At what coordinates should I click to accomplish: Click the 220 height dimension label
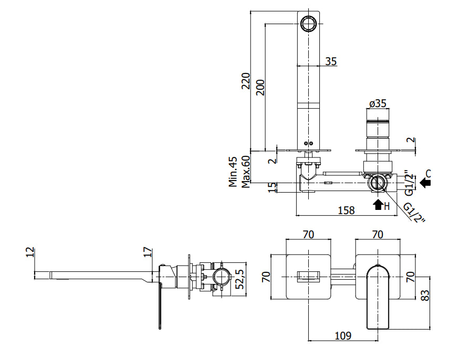pyautogui.click(x=246, y=81)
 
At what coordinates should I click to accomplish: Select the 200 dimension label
pyautogui.click(x=260, y=88)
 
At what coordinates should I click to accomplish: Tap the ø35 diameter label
pyautogui.click(x=378, y=103)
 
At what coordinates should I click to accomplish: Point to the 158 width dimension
pyautogui.click(x=346, y=210)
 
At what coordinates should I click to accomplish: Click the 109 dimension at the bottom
pyautogui.click(x=343, y=335)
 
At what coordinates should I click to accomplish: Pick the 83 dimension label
pyautogui.click(x=425, y=295)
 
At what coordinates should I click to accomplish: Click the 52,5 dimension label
pyautogui.click(x=240, y=279)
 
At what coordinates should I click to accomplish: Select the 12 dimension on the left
pyautogui.click(x=30, y=252)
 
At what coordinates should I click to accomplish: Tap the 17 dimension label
pyautogui.click(x=148, y=252)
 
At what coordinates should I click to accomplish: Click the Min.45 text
pyautogui.click(x=233, y=172)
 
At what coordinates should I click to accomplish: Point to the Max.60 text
pyautogui.click(x=246, y=172)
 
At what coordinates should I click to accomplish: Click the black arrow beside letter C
pyautogui.click(x=425, y=183)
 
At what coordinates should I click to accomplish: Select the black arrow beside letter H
pyautogui.click(x=378, y=205)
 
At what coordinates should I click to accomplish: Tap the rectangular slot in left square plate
pyautogui.click(x=308, y=277)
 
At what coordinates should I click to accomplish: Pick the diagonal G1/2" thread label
pyautogui.click(x=414, y=213)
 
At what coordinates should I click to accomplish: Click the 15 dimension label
pyautogui.click(x=272, y=187)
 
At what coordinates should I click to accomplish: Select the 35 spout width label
pyautogui.click(x=331, y=61)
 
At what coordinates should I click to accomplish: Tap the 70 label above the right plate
pyautogui.click(x=378, y=234)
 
